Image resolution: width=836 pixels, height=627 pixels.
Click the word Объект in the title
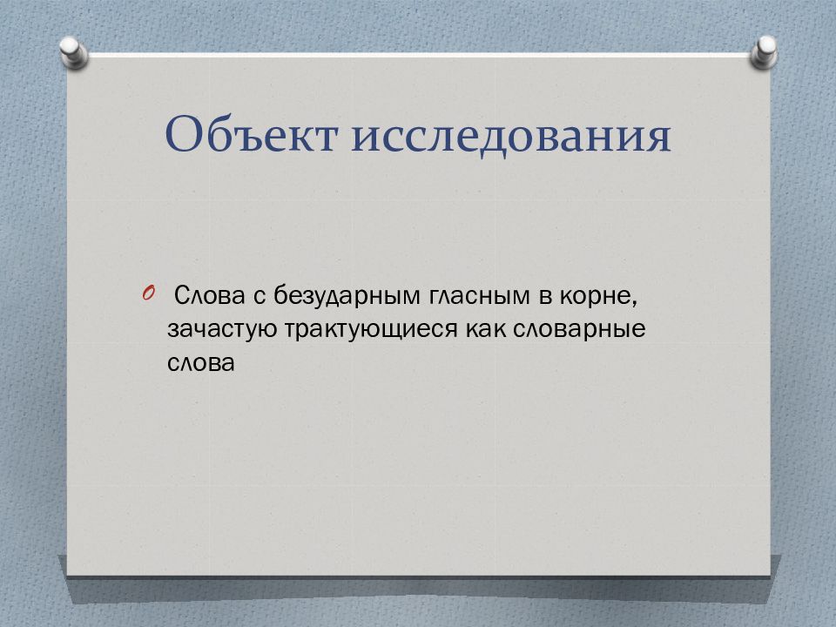(x=251, y=133)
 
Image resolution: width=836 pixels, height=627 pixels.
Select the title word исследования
(x=511, y=136)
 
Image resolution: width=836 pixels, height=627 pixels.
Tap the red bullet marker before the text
(x=148, y=293)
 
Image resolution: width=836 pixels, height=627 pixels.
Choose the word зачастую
(x=222, y=330)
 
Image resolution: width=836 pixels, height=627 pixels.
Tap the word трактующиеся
(x=371, y=330)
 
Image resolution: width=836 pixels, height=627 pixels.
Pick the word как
(x=485, y=329)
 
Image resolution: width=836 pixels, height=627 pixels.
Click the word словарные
(x=579, y=330)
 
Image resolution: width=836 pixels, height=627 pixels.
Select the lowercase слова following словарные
(x=201, y=363)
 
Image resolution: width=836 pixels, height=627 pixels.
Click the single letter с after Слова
(x=260, y=296)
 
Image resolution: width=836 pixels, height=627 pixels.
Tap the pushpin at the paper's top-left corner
(x=73, y=52)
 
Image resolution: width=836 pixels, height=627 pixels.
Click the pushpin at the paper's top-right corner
(x=764, y=52)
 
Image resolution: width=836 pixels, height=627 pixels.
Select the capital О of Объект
(x=184, y=133)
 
